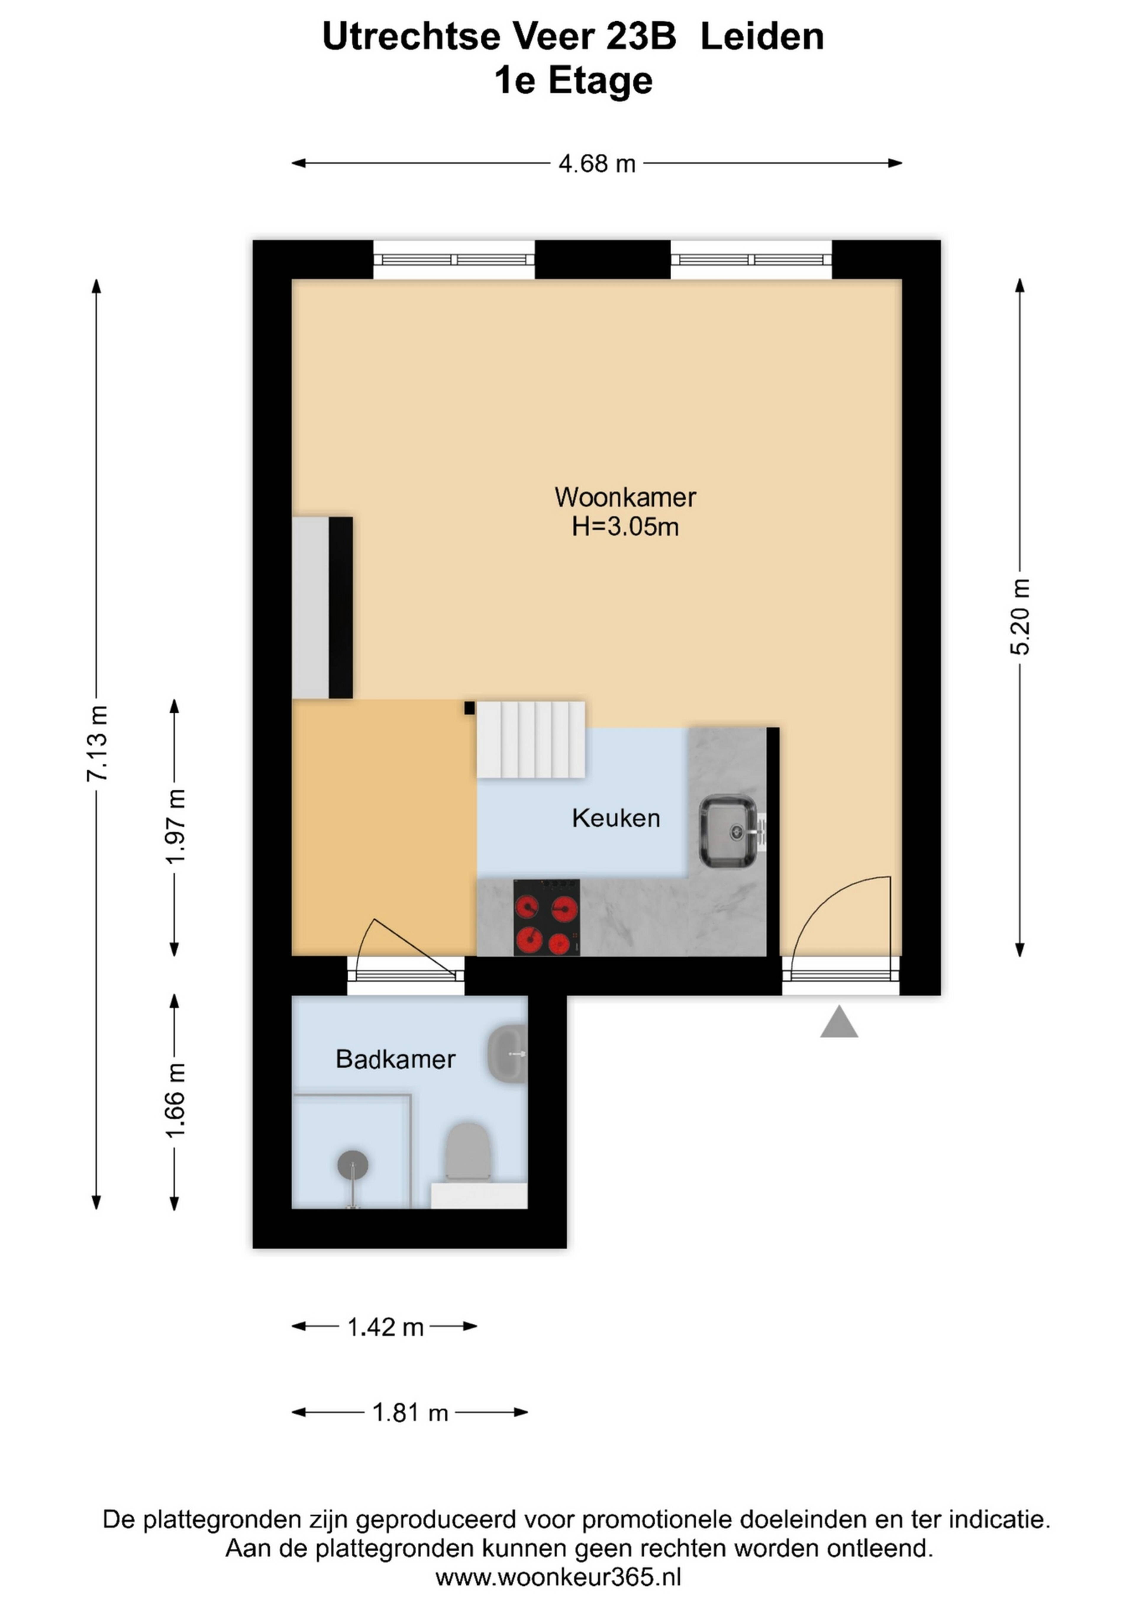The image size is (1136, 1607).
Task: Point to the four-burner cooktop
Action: pyautogui.click(x=546, y=917)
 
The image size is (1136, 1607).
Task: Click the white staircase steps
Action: pyautogui.click(x=531, y=739)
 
